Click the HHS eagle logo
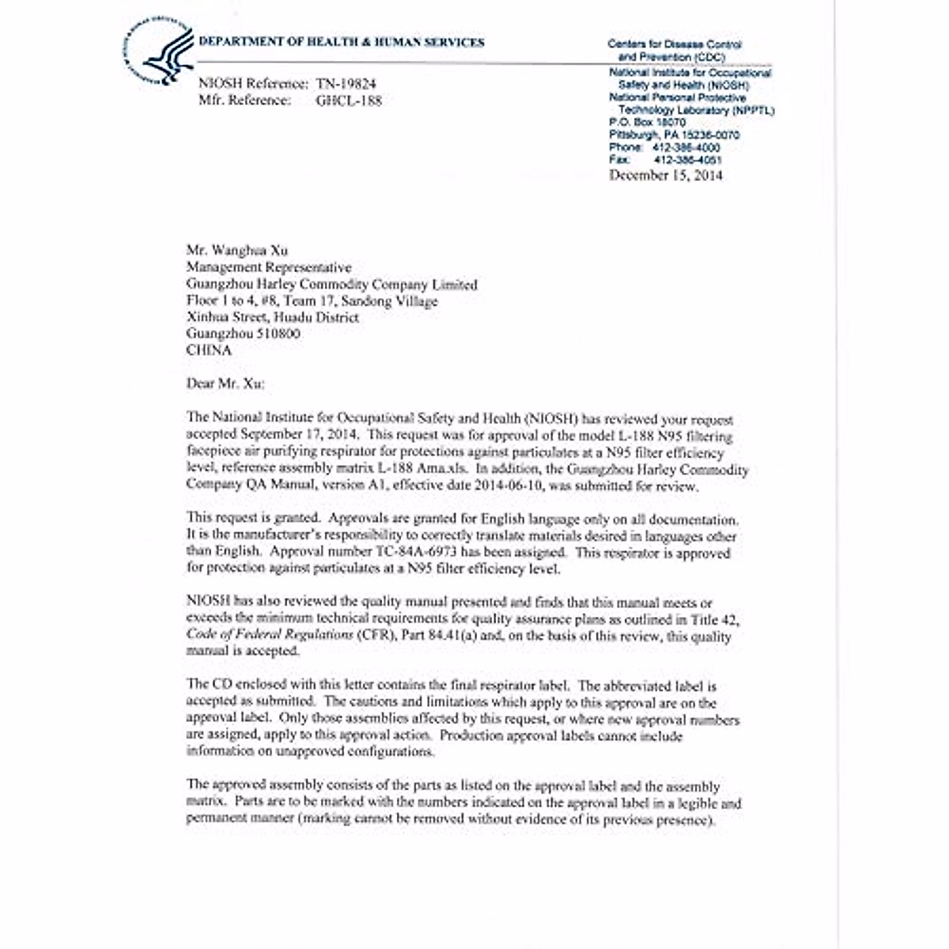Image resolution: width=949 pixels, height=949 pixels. coord(161,51)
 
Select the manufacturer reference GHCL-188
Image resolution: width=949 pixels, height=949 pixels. coord(348,100)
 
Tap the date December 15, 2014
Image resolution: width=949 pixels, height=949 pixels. coord(665,176)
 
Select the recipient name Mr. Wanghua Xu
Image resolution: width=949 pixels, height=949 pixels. coord(237,251)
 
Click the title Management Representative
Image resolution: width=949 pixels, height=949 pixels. coord(269,267)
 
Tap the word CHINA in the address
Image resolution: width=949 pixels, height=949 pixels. coord(209,350)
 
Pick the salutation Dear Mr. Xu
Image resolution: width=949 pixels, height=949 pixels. coord(226,384)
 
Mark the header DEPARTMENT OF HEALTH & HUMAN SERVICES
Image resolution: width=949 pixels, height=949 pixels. coord(342,43)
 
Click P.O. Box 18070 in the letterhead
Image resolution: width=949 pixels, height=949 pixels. coord(648,123)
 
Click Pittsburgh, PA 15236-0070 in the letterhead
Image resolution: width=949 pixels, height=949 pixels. coord(674,135)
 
